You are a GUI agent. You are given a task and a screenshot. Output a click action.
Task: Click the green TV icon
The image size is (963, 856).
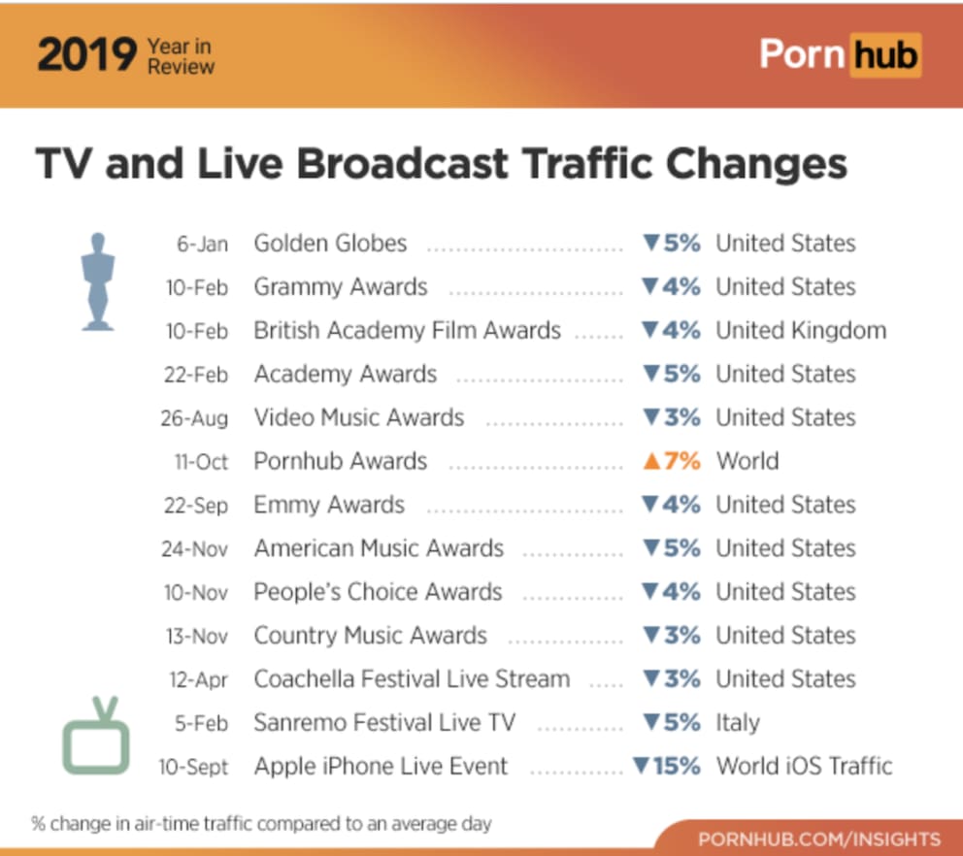[x=96, y=739]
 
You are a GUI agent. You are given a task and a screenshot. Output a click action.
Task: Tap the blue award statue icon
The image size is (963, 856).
[x=97, y=282]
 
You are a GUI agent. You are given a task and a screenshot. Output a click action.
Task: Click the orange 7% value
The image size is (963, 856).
[x=672, y=461]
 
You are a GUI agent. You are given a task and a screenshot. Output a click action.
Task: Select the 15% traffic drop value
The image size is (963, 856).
[x=667, y=767]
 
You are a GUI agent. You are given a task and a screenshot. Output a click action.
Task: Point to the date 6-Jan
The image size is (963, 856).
[x=202, y=245]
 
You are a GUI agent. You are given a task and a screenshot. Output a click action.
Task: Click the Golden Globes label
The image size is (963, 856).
[x=330, y=244]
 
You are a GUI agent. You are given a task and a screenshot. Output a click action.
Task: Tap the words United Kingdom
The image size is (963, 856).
[x=801, y=331]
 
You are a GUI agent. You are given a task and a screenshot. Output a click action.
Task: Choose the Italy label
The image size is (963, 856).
[x=738, y=723]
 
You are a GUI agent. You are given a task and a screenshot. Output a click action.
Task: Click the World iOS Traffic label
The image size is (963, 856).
[x=804, y=767]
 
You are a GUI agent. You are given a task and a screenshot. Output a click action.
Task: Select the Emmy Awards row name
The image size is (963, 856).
[x=329, y=506]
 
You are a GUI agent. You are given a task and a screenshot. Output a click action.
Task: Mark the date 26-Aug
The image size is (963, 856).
[x=195, y=418]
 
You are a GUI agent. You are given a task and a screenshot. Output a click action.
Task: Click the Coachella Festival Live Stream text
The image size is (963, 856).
[x=412, y=679]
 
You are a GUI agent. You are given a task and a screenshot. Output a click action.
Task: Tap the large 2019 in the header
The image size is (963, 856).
[x=86, y=56]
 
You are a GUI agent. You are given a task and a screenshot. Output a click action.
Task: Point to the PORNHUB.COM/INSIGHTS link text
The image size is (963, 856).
[x=819, y=839]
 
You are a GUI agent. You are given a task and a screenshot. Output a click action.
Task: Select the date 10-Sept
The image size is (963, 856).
[x=194, y=768]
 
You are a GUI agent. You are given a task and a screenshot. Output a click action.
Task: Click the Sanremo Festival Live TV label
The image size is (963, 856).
[x=384, y=723]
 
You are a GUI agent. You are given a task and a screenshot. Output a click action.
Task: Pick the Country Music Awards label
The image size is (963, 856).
[x=370, y=636]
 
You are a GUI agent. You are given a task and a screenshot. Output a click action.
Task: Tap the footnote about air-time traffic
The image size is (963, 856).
[x=261, y=825]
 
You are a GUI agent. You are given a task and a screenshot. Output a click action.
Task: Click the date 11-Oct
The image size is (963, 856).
[x=201, y=462]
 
